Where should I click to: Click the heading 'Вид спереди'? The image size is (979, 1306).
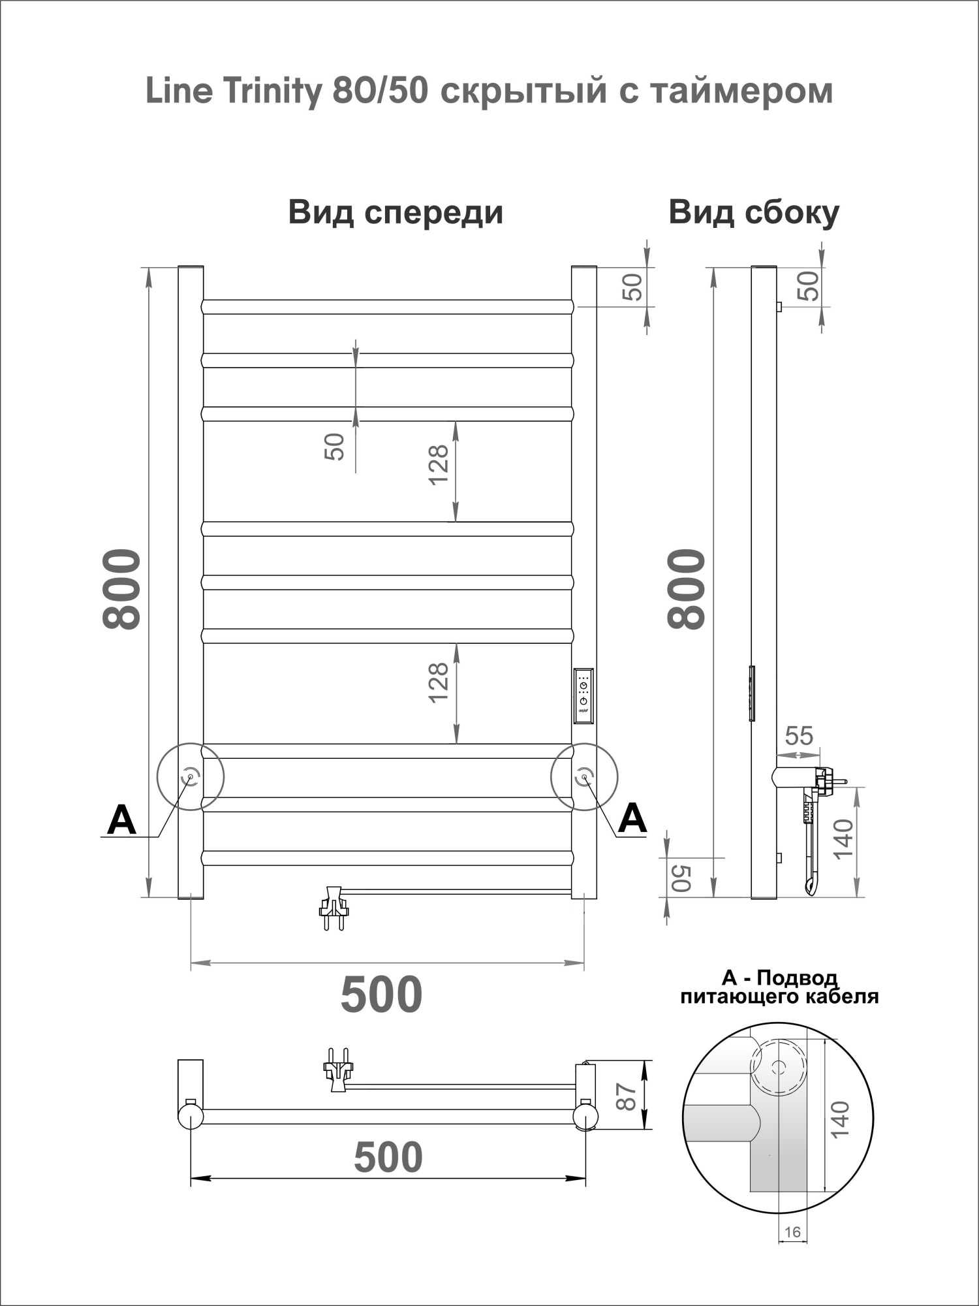tap(396, 213)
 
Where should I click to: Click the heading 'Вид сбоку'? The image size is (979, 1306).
tap(753, 213)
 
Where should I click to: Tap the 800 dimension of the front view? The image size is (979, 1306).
tap(122, 589)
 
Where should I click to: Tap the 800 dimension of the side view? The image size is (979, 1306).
tap(687, 589)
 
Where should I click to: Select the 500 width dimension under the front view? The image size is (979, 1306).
tap(382, 995)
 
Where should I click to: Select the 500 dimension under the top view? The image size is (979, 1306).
tap(388, 1158)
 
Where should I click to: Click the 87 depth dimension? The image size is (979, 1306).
tap(626, 1097)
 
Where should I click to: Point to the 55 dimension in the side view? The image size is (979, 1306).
tap(799, 736)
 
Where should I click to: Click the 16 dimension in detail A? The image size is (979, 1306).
tap(792, 1232)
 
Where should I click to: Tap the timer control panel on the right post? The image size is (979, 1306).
tap(583, 696)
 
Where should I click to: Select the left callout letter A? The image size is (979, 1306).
tap(121, 820)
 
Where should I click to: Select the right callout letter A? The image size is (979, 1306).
tap(632, 818)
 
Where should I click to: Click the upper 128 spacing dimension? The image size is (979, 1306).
tap(439, 464)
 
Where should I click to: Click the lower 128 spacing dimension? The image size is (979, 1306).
tap(439, 682)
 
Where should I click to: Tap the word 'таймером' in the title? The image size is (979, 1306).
tap(741, 91)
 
